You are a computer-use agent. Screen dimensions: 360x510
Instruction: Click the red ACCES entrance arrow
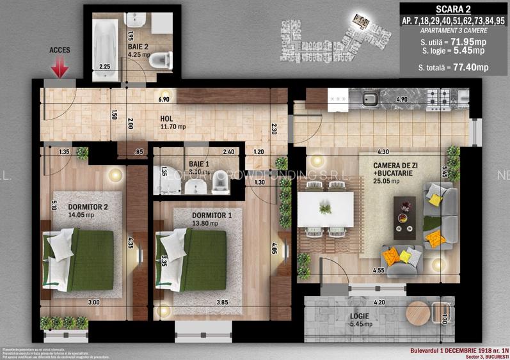(60, 67)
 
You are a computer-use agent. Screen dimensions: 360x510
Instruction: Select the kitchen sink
(369, 98)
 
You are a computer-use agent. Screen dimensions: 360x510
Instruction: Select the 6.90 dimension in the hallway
(164, 100)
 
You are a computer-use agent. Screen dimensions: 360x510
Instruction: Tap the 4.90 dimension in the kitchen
(402, 100)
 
